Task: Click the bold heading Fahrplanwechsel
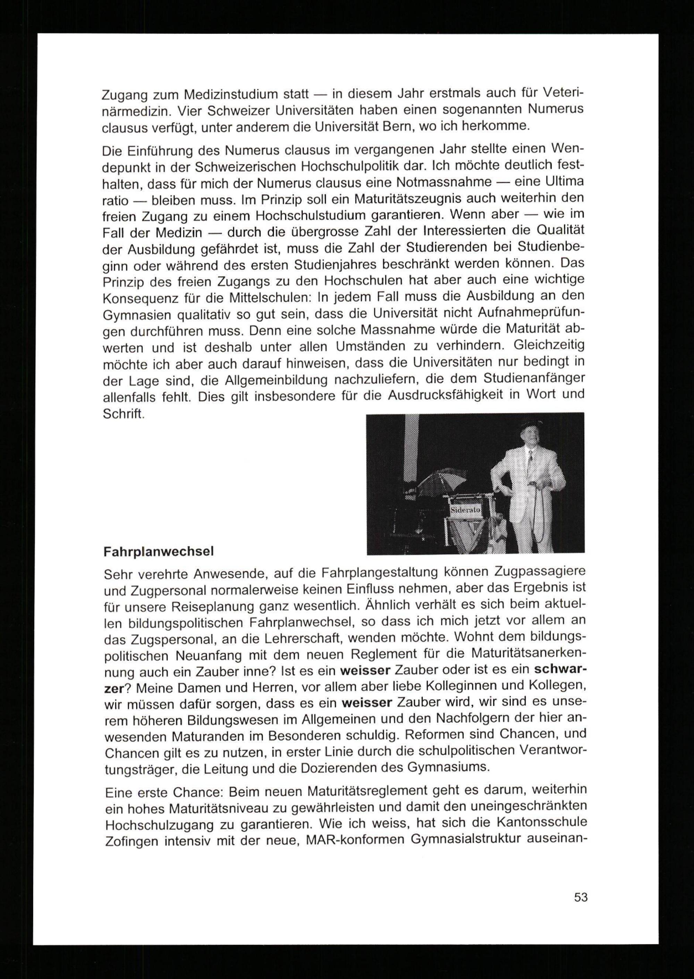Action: tap(159, 552)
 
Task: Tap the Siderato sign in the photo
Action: tap(465, 510)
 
